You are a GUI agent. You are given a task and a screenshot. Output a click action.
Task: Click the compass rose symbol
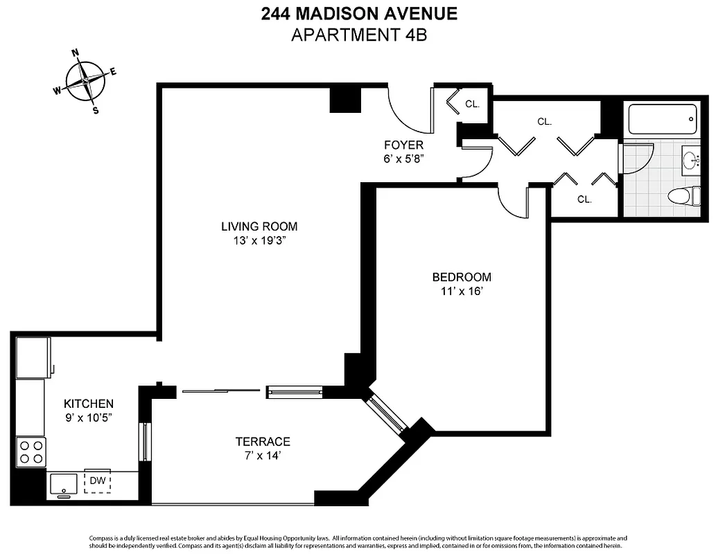pyautogui.click(x=84, y=82)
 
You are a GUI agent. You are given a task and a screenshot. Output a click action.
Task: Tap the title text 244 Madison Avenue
pyautogui.click(x=358, y=14)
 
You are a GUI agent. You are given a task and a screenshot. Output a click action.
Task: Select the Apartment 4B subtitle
pyautogui.click(x=358, y=35)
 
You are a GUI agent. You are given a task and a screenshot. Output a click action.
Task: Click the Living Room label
pyautogui.click(x=259, y=226)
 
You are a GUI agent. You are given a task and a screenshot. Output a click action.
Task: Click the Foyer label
pyautogui.click(x=403, y=145)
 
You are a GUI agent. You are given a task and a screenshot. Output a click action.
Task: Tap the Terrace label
pyautogui.click(x=262, y=441)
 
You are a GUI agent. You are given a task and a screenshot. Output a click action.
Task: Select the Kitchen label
pyautogui.click(x=89, y=404)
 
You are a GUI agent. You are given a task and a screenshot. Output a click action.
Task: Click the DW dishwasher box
pyautogui.click(x=97, y=480)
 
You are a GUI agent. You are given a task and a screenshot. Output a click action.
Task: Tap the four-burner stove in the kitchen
pyautogui.click(x=31, y=452)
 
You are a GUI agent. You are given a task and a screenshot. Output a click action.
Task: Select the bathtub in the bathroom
pyautogui.click(x=661, y=120)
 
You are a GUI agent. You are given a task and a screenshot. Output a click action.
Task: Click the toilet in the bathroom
pyautogui.click(x=682, y=196)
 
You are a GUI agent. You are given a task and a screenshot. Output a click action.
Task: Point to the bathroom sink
pyautogui.click(x=691, y=160)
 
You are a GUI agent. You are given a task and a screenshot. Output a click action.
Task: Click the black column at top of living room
pyautogui.click(x=344, y=98)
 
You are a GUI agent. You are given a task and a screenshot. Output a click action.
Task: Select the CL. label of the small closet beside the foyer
pyautogui.click(x=472, y=105)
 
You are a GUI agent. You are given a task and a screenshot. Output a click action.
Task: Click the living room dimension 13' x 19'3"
pyautogui.click(x=259, y=241)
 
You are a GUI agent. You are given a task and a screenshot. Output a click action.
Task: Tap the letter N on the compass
pyautogui.click(x=76, y=53)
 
